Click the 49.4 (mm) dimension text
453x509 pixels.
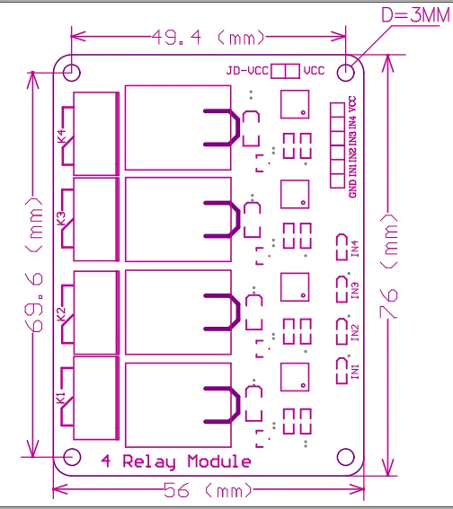click(209, 38)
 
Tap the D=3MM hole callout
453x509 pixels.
click(415, 15)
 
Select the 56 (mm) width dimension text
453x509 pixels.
click(208, 490)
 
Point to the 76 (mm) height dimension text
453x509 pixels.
click(388, 266)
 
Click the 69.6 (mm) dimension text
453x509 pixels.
click(33, 265)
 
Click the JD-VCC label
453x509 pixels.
click(247, 70)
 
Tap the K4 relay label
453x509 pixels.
click(61, 136)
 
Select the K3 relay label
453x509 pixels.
click(61, 218)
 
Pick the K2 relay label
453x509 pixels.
click(61, 314)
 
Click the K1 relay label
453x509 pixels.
click(61, 398)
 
